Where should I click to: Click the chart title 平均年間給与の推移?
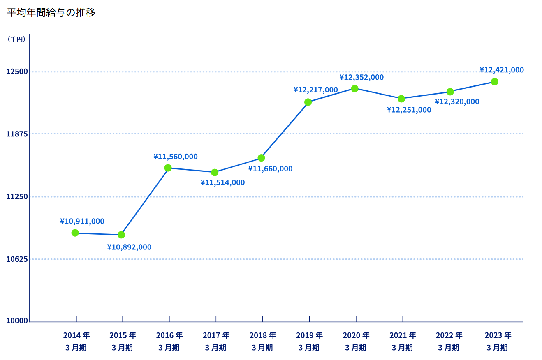(51, 12)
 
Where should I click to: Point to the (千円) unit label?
(16, 39)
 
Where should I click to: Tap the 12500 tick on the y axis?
(17, 72)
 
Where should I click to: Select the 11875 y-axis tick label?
(17, 134)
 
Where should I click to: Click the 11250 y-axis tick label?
(17, 196)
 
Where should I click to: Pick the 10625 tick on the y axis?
(17, 259)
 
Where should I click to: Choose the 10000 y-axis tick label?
(17, 321)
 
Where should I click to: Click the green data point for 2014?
(75, 233)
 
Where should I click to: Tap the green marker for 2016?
(168, 168)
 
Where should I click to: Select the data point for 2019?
(308, 102)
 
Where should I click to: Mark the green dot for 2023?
(494, 82)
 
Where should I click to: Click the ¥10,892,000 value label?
(129, 247)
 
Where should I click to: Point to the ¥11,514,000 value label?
(222, 182)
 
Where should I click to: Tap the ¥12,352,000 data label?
(361, 77)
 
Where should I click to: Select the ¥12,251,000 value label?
(409, 110)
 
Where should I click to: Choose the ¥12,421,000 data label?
(502, 70)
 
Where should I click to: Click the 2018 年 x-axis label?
(262, 335)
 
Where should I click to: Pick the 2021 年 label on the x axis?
(403, 335)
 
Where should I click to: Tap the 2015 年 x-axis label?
(123, 335)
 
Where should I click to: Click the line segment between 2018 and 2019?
(285, 130)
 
